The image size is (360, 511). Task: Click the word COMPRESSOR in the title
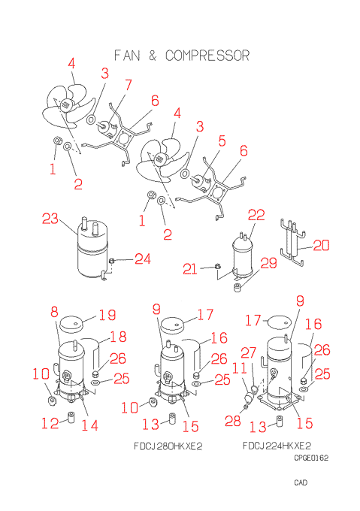click(x=207, y=56)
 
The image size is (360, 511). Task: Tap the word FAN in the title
click(x=127, y=56)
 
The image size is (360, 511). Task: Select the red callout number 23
click(x=50, y=219)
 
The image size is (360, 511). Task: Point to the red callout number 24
click(x=143, y=259)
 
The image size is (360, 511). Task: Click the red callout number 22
click(x=256, y=215)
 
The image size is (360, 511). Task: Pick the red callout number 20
click(x=321, y=246)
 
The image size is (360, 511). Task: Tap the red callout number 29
click(x=269, y=263)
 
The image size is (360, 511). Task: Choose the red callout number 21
click(x=190, y=269)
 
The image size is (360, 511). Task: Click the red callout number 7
click(x=129, y=85)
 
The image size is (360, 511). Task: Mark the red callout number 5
click(x=222, y=141)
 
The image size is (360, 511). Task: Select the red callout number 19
click(x=107, y=315)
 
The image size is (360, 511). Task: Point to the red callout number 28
click(x=233, y=421)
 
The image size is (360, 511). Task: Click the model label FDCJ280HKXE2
click(x=168, y=446)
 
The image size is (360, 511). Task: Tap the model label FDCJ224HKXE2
click(x=277, y=445)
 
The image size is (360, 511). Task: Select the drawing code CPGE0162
click(x=311, y=458)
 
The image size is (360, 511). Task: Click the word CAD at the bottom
click(x=301, y=482)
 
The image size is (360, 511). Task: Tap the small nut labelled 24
click(x=111, y=261)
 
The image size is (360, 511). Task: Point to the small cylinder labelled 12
click(x=71, y=418)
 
